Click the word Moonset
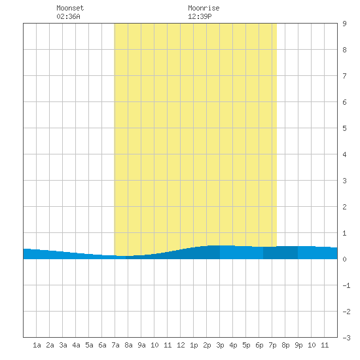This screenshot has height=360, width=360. (x=70, y=8)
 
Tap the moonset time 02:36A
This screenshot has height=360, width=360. (x=68, y=16)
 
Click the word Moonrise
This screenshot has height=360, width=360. (x=204, y=8)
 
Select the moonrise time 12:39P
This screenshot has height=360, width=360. (x=200, y=16)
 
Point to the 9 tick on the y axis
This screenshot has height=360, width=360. (x=344, y=24)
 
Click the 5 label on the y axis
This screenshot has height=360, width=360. (x=344, y=128)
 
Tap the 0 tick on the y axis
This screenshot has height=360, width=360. (x=344, y=259)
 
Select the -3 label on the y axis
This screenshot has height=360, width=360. (x=346, y=338)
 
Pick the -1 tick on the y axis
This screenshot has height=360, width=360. (x=346, y=285)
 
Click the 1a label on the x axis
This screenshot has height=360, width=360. (x=37, y=345)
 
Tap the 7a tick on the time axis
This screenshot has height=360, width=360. (x=115, y=345)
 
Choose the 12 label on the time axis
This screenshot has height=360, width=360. (x=181, y=345)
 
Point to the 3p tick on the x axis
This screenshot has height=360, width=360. (x=220, y=345)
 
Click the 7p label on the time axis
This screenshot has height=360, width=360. (x=272, y=345)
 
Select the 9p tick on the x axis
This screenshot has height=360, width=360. (x=298, y=345)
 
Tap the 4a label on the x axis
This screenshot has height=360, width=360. (x=76, y=345)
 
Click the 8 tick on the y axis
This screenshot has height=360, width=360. (x=344, y=50)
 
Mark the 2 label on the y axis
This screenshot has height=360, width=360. (x=344, y=207)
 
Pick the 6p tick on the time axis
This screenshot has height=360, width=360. (x=259, y=345)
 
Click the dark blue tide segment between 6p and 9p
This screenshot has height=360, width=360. (x=280, y=253)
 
